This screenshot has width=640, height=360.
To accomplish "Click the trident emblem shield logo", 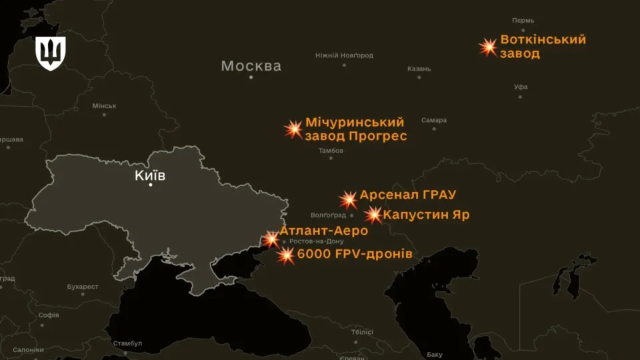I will (51, 53).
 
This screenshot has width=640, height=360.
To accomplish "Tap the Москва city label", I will (251, 66).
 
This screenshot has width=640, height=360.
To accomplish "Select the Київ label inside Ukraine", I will (150, 175).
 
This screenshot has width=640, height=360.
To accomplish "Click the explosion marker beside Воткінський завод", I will (489, 47).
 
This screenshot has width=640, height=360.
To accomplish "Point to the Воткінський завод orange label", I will (543, 46).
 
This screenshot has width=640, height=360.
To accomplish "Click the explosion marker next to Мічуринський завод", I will (293, 129).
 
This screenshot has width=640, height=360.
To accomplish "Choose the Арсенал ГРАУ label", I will (407, 195).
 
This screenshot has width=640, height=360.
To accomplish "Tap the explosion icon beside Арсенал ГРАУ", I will (348, 199).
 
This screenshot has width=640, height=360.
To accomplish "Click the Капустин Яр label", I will (426, 215).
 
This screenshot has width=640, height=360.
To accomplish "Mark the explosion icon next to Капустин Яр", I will (374, 215).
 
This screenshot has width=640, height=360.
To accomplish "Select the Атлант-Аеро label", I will (323, 231).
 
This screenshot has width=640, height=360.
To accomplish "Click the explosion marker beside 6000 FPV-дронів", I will (286, 255).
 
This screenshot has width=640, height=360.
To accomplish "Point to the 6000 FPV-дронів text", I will (355, 255).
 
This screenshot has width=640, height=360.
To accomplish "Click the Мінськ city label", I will (104, 106).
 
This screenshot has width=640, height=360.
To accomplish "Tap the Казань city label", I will (419, 69).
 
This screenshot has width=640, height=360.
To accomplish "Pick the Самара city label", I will (434, 121).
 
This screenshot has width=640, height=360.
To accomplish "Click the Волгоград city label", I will (328, 215).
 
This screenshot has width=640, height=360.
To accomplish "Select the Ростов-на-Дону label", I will (317, 241).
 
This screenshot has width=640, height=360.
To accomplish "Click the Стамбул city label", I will (127, 343).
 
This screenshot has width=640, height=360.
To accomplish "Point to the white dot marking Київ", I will (151, 185).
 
